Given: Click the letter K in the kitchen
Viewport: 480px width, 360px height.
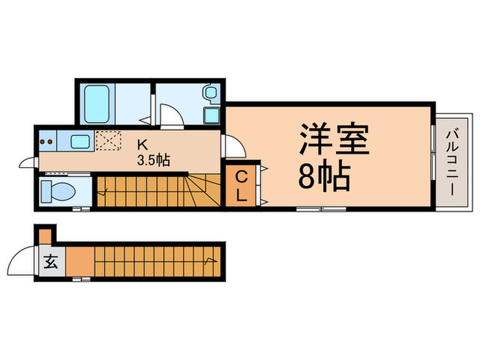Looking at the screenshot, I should [143, 145].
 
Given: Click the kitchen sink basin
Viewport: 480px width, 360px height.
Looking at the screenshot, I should [80, 142].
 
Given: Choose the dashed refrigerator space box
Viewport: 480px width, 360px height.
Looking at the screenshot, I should [107, 141].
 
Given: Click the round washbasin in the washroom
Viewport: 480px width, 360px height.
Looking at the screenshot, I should [210, 93].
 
